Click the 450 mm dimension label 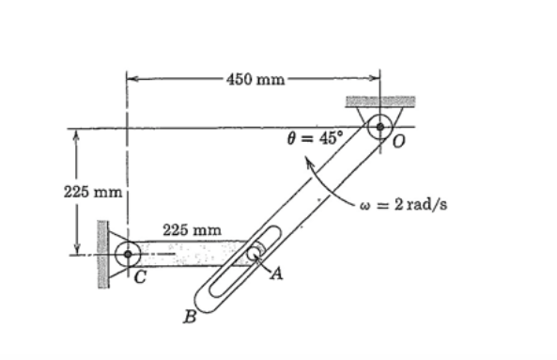(x=255, y=78)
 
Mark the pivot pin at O (x=379, y=126)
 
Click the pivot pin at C (x=128, y=253)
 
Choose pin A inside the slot (x=254, y=252)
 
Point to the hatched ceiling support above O (x=379, y=101)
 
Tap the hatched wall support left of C (x=101, y=252)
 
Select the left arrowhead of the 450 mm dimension (x=131, y=78)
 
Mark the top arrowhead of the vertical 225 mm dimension (x=74, y=133)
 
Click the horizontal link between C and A (x=188, y=252)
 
